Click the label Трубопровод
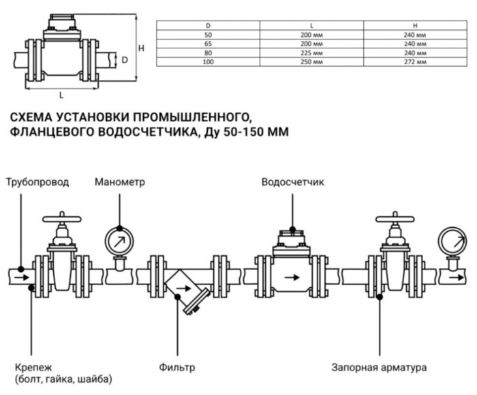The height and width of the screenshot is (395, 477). [x=36, y=183]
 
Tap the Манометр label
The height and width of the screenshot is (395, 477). [x=120, y=183]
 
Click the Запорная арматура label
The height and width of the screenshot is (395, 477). [x=380, y=367]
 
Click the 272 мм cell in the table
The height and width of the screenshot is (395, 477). [x=415, y=62]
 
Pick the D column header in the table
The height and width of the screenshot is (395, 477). [x=208, y=25]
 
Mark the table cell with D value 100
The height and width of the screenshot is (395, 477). [x=208, y=62]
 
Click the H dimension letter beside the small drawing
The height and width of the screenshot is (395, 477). [x=141, y=48]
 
